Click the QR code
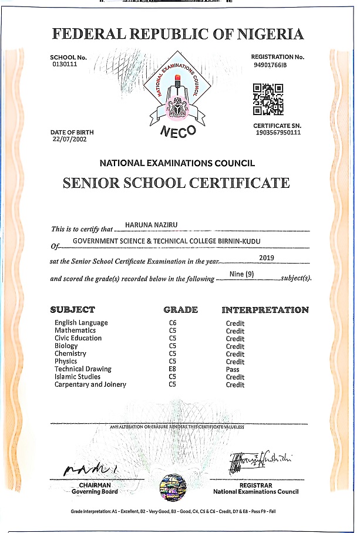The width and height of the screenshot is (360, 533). (268, 99)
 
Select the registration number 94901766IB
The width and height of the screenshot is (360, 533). (270, 65)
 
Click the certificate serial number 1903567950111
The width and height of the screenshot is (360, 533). (278, 133)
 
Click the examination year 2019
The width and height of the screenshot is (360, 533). (267, 257)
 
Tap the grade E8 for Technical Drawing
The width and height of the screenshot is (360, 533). (173, 369)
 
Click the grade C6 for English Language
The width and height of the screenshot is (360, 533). (173, 323)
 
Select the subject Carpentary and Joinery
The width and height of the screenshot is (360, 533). (90, 384)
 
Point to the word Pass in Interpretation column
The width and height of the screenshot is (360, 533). (233, 370)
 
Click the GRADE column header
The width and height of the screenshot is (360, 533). (180, 310)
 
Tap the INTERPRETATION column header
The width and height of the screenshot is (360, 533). (264, 310)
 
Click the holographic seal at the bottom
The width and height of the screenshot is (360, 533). (173, 490)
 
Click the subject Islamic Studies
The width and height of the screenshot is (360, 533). (78, 377)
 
